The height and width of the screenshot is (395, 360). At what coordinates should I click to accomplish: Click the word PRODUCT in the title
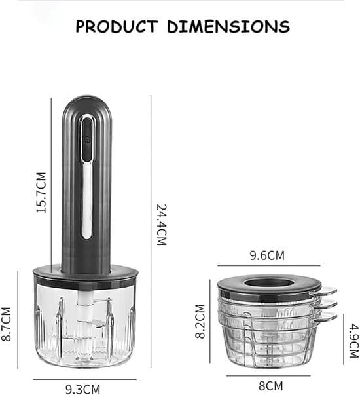tap(117, 26)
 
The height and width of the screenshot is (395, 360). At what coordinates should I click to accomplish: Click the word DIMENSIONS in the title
tap(228, 26)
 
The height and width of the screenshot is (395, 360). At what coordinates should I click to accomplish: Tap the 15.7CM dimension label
tap(41, 193)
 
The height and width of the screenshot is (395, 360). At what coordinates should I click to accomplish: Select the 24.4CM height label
tap(162, 225)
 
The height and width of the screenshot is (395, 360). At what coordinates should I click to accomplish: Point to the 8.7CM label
tap(6, 324)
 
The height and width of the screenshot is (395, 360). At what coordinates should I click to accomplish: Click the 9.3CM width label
tap(83, 389)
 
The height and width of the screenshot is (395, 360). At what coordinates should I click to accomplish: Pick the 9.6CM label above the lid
tap(267, 255)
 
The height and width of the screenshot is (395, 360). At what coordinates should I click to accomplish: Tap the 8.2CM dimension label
tap(200, 321)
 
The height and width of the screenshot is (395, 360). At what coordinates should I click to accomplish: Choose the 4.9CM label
tap(354, 341)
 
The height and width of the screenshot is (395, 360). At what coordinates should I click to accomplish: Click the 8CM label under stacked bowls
tap(270, 386)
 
